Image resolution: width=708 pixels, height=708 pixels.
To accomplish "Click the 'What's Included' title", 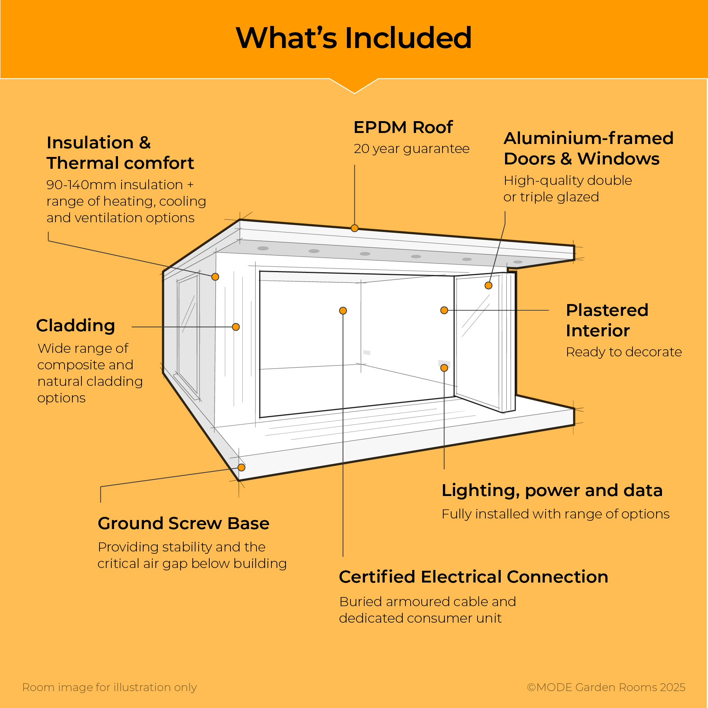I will click(x=354, y=38).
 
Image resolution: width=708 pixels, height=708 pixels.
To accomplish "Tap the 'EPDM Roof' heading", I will click(x=403, y=127).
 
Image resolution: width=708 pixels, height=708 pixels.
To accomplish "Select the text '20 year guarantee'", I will click(x=411, y=149).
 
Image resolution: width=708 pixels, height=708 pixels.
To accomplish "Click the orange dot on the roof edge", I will click(x=354, y=228).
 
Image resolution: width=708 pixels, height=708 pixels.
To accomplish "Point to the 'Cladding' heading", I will click(x=76, y=326).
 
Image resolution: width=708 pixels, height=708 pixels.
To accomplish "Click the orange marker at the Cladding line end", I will click(x=236, y=327).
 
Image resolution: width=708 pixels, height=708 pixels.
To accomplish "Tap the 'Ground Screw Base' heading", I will click(x=184, y=524).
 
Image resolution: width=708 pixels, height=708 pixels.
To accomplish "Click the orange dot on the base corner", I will click(x=242, y=467).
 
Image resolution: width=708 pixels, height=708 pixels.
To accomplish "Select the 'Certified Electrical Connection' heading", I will click(x=474, y=577).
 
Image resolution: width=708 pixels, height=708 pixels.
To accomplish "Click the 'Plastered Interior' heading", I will click(x=607, y=320).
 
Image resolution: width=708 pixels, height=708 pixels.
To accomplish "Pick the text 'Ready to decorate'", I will click(x=624, y=352).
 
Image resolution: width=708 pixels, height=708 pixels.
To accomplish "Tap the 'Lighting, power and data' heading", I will click(x=552, y=490).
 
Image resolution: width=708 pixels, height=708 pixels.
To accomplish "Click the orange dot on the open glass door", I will click(x=489, y=286).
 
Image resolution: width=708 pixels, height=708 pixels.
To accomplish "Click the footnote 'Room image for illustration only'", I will click(x=110, y=687).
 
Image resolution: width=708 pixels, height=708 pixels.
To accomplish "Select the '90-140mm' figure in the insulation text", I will click(x=75, y=185).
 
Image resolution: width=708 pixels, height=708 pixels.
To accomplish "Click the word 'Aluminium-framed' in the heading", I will click(x=588, y=138).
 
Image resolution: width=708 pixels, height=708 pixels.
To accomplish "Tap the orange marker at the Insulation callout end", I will click(x=215, y=277).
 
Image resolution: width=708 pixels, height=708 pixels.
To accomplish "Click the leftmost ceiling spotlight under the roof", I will click(x=263, y=248).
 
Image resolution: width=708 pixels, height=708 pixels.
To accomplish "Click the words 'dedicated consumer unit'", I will click(x=420, y=618).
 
